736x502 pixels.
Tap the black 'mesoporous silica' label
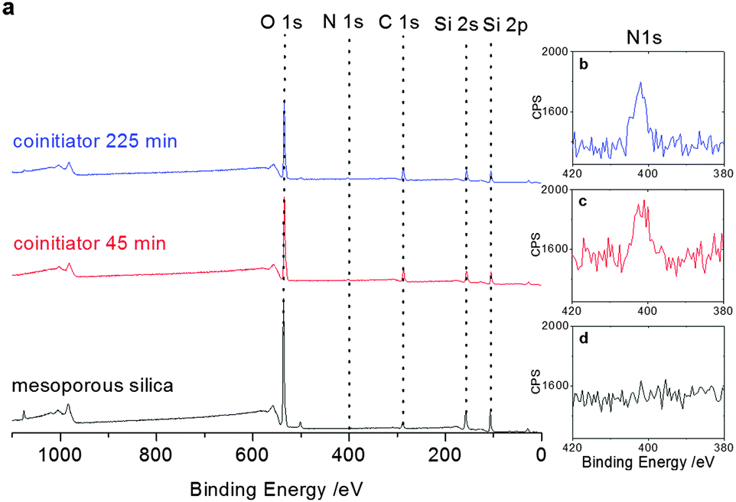click(93, 385)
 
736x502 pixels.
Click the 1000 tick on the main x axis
click(60, 457)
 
